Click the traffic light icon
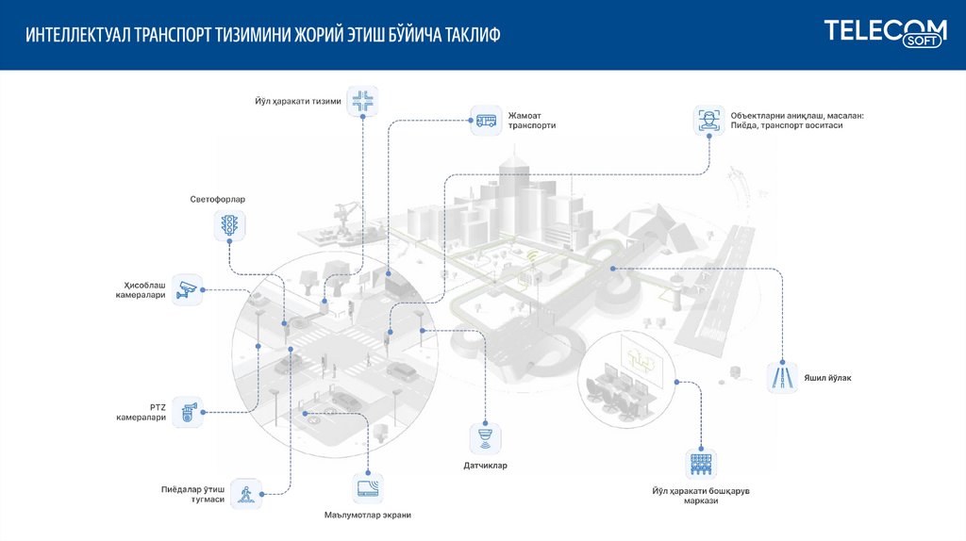click(229, 224)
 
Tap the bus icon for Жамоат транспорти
click(486, 120)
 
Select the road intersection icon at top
click(362, 101)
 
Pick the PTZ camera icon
click(189, 411)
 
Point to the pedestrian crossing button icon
click(247, 493)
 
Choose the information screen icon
click(367, 488)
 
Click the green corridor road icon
click(781, 377)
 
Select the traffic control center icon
click(699, 463)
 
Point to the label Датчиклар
click(485, 466)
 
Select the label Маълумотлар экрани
click(367, 516)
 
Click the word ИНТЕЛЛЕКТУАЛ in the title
click(78, 36)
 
